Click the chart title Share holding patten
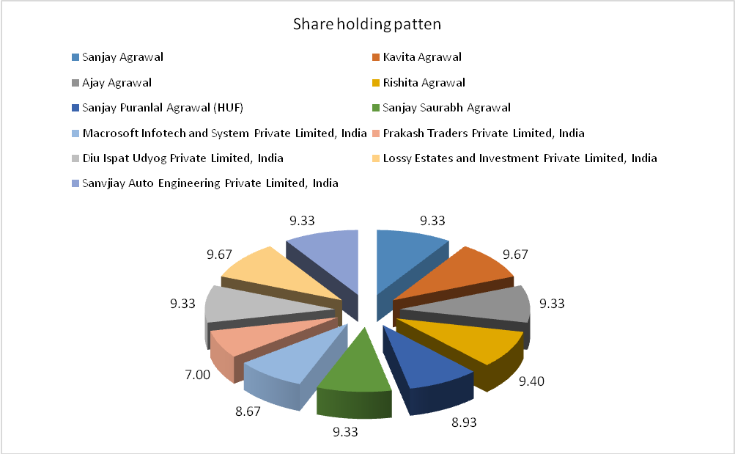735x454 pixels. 366,24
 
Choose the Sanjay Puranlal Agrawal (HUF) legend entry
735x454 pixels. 163,108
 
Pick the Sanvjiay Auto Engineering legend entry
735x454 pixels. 210,183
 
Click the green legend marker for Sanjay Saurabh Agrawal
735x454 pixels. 376,108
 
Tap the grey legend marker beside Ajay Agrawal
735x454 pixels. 75,83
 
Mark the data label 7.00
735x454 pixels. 197,374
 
